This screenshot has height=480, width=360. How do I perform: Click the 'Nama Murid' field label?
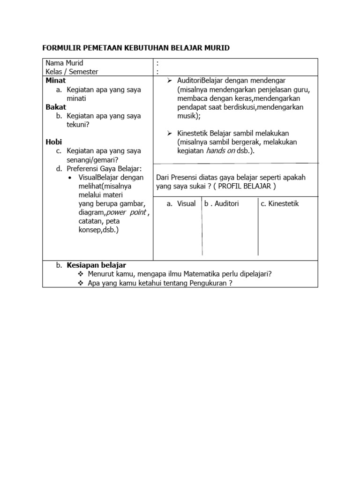64,63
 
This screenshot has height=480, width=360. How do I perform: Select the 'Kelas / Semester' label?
72,72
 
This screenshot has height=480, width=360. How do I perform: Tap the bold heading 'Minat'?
56,81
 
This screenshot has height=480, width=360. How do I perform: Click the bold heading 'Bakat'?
56,107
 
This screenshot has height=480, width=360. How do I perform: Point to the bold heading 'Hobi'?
54,142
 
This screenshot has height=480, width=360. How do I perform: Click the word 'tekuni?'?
78,125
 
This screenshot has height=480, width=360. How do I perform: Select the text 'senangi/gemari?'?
92,160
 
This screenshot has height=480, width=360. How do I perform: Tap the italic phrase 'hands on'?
220,151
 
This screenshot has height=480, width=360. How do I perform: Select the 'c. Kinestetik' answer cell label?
279,203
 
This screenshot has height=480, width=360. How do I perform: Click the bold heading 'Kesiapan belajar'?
96,265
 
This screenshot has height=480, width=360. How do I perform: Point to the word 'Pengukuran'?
205,283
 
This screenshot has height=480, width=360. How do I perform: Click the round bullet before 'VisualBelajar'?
69,178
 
